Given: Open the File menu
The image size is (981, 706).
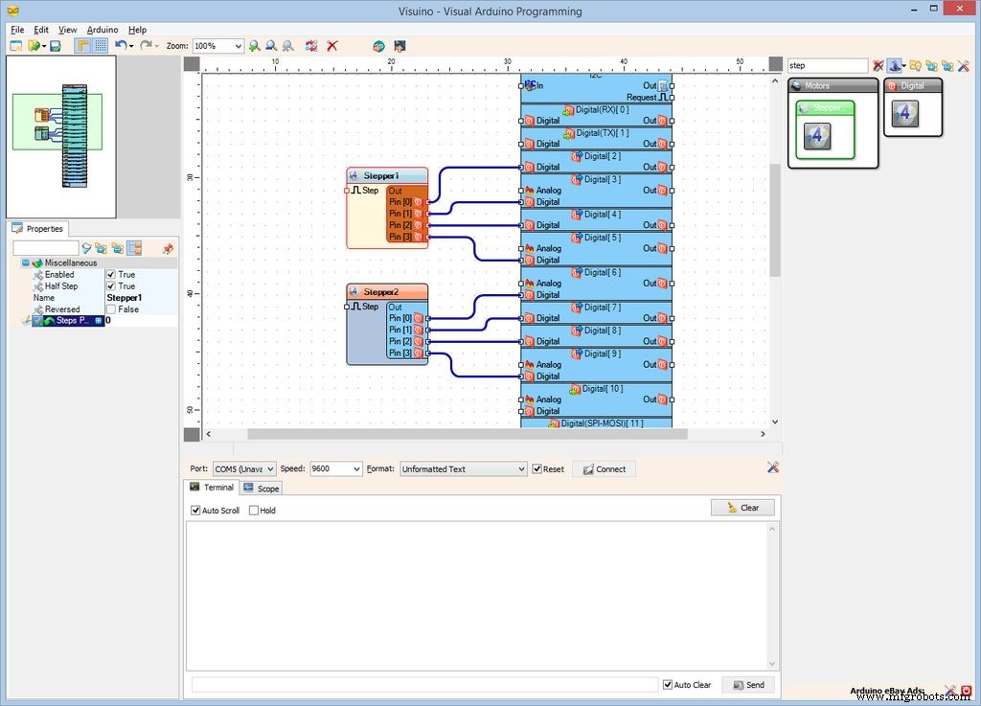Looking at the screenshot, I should (17, 30).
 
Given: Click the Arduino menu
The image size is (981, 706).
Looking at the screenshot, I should (103, 30).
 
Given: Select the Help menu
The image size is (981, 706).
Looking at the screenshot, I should (137, 30).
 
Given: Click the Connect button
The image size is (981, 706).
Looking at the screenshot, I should (604, 469).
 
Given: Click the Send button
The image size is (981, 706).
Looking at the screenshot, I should (747, 685).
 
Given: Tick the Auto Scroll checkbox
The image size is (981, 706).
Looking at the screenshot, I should (196, 511).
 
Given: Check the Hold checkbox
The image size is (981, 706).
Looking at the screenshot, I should (254, 511).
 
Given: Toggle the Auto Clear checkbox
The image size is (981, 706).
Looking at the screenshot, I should (668, 685).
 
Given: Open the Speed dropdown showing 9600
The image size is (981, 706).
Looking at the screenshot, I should (335, 469).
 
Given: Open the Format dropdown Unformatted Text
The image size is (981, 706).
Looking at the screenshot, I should (463, 469).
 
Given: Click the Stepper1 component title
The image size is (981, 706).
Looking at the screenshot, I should (380, 176).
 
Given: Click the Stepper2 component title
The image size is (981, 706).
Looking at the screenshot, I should (380, 292).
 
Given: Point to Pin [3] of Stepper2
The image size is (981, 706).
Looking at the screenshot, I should (400, 353).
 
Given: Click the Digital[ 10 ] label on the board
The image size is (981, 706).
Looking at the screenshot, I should (602, 389).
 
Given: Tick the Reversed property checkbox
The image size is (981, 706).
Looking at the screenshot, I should (111, 309).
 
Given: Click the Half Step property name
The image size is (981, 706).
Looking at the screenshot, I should (61, 286).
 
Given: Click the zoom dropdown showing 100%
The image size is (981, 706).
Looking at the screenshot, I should (217, 46).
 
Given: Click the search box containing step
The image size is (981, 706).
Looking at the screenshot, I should (827, 66).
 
